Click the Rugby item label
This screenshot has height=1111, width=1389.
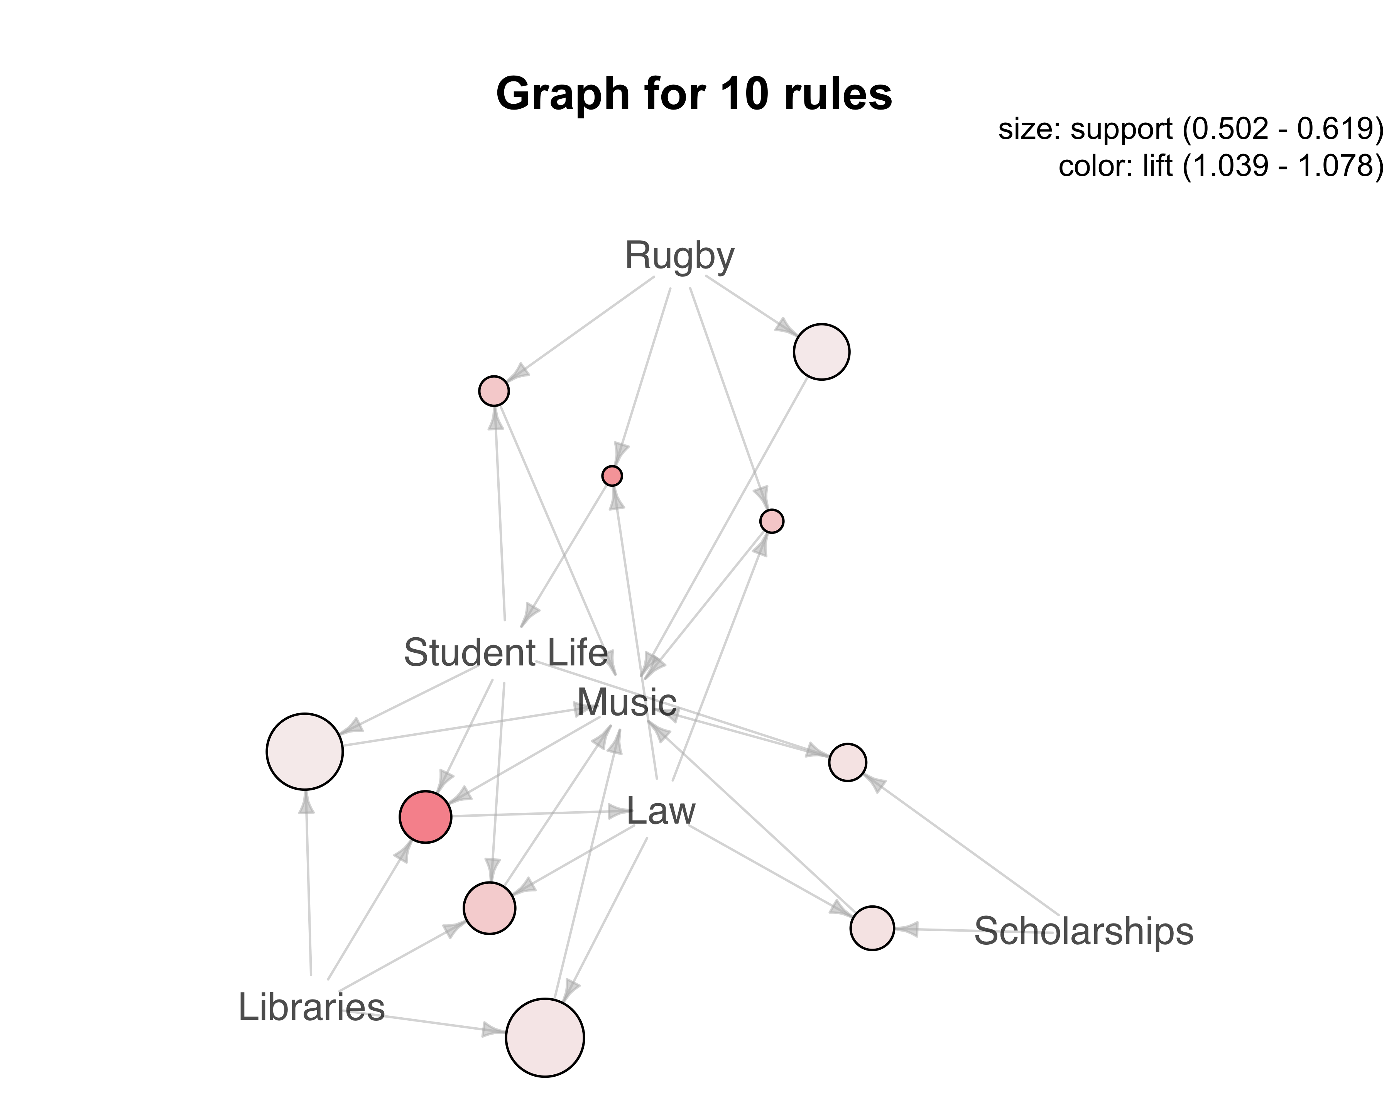pyautogui.click(x=680, y=256)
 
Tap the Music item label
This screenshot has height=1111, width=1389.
pyautogui.click(x=626, y=702)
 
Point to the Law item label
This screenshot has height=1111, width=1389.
pyautogui.click(x=661, y=811)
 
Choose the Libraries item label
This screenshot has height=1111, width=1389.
pyautogui.click(x=312, y=1007)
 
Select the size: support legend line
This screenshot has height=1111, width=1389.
pyautogui.click(x=1191, y=130)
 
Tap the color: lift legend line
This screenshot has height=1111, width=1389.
pyautogui.click(x=1221, y=166)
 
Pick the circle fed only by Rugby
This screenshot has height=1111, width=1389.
pyautogui.click(x=821, y=352)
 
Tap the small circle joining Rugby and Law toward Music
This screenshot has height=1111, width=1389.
pyautogui.click(x=772, y=521)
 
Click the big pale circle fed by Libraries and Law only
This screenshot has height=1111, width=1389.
pyautogui.click(x=545, y=1038)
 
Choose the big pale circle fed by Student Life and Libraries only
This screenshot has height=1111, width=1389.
pyautogui.click(x=305, y=751)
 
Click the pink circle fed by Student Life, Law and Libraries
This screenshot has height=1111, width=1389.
pyautogui.click(x=490, y=908)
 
